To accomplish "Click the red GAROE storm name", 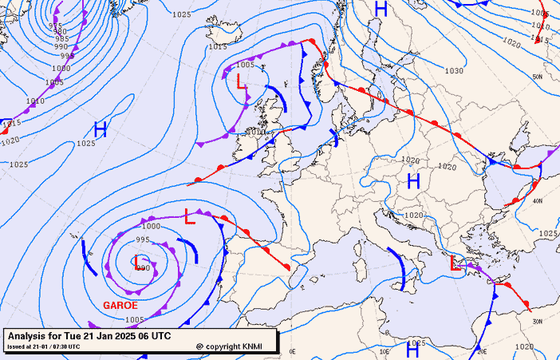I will (120, 305).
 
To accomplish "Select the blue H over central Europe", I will (413, 181).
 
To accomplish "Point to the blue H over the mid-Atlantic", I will (101, 130).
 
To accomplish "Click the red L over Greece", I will (455, 263).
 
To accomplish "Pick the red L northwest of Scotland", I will (240, 81).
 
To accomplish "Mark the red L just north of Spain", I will (189, 215).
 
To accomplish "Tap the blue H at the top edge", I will (381, 10).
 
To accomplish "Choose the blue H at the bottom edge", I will (412, 350).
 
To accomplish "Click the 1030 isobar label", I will (454, 71).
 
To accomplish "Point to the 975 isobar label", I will (55, 26).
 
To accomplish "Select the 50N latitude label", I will (538, 77).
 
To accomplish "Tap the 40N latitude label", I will (538, 201).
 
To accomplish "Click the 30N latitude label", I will (537, 321).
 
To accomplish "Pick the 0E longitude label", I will (292, 351).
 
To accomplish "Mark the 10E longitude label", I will (386, 351).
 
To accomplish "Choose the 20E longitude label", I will (481, 351).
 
